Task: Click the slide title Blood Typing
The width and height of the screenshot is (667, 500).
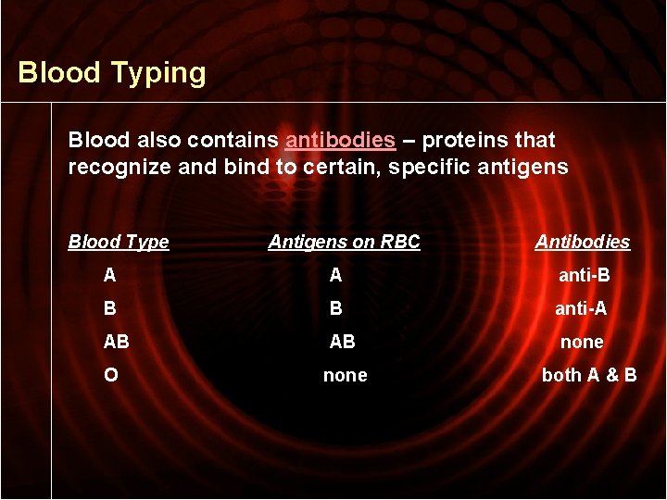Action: pos(112,72)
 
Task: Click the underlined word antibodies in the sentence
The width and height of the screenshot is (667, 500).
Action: pos(340,140)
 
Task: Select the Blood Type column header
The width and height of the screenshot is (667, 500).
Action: pos(119,242)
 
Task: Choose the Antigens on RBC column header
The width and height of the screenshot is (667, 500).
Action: pos(344,242)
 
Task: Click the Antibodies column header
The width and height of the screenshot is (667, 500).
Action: pos(582,242)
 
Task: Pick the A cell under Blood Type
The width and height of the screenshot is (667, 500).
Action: pos(110,275)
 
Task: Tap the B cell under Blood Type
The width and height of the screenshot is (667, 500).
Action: pos(110,308)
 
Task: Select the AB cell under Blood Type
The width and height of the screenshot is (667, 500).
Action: pos(117,342)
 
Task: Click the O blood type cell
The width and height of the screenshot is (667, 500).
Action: pos(111,375)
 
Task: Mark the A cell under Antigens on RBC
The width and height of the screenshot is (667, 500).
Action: pos(335,275)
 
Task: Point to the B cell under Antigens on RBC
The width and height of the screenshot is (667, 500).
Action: pos(335,308)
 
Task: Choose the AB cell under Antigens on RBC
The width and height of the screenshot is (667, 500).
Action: pos(342,342)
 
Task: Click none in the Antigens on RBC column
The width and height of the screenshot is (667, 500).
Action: pos(345,375)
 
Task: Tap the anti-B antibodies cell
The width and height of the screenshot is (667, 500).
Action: pos(583,275)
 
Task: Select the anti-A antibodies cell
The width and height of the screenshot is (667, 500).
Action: pos(582,308)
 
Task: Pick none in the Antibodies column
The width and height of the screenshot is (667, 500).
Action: pos(582,342)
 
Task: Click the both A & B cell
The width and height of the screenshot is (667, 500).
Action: pos(588,375)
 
